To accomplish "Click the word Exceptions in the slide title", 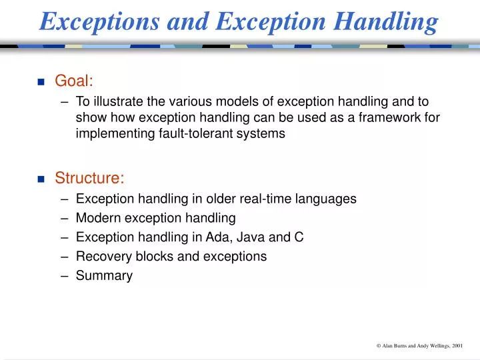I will (99, 21).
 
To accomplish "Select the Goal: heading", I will (73, 81).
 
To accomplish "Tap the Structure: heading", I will (89, 178).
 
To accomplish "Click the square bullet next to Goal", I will (41, 82).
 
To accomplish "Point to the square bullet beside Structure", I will (41, 179).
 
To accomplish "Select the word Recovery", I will (99, 257).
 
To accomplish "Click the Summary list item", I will (104, 276).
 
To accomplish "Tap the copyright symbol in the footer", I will (378, 346).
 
